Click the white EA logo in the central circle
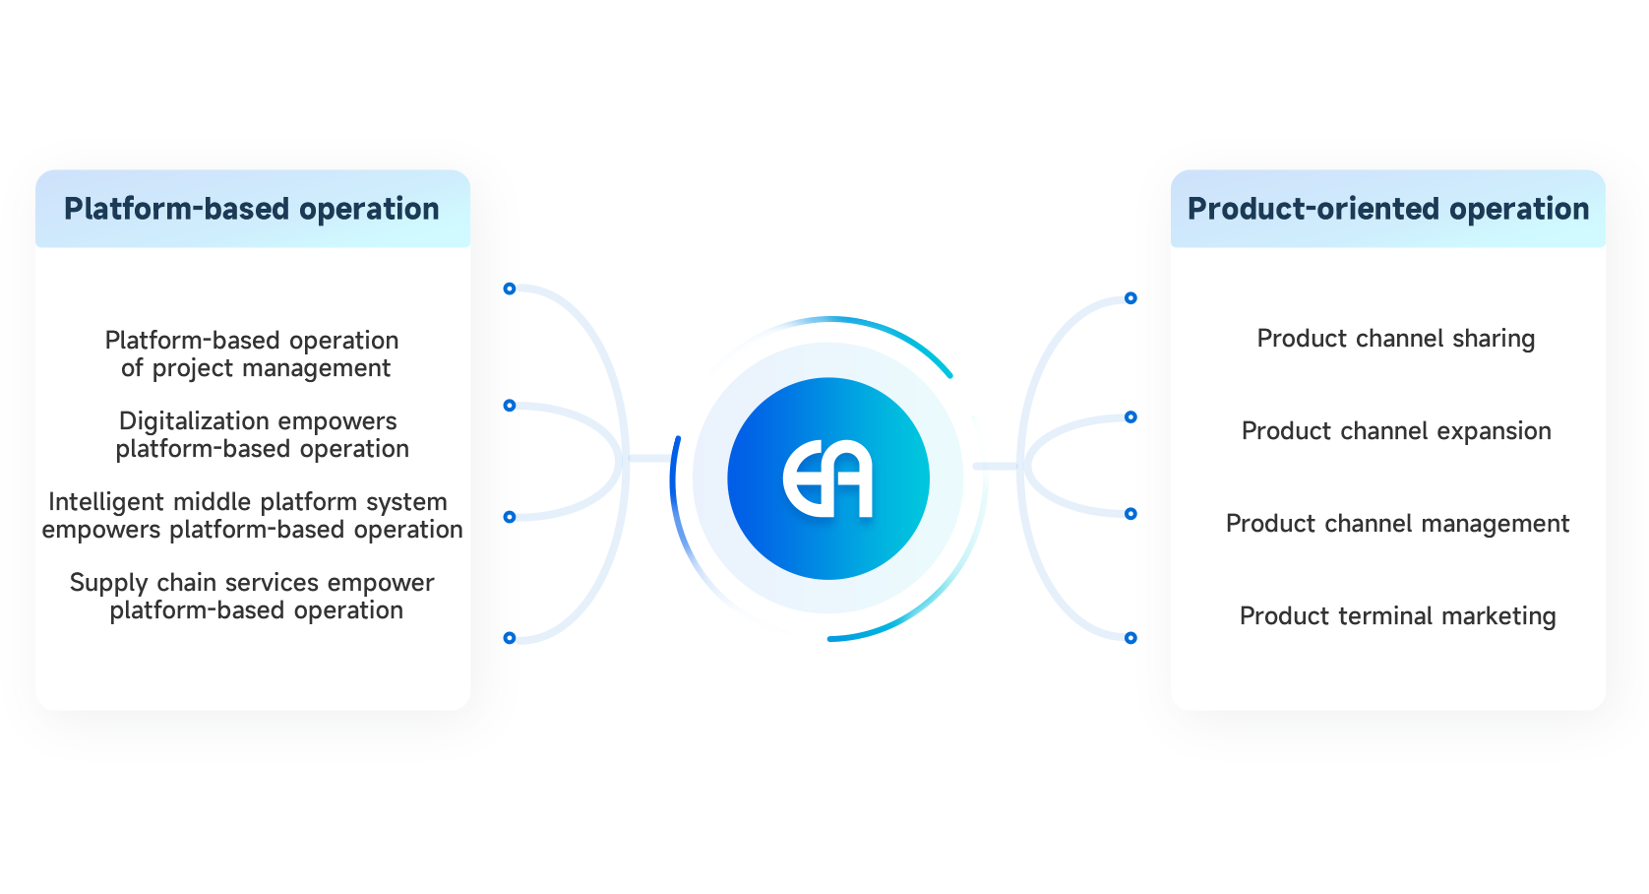(828, 479)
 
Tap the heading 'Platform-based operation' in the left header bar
(252, 209)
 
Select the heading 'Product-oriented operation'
(1387, 209)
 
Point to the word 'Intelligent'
(107, 502)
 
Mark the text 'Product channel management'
(1397, 524)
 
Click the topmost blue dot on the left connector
(510, 288)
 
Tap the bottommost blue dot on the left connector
(510, 638)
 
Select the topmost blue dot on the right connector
(1130, 298)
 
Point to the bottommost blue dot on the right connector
(1130, 638)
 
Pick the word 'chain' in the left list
(187, 583)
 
